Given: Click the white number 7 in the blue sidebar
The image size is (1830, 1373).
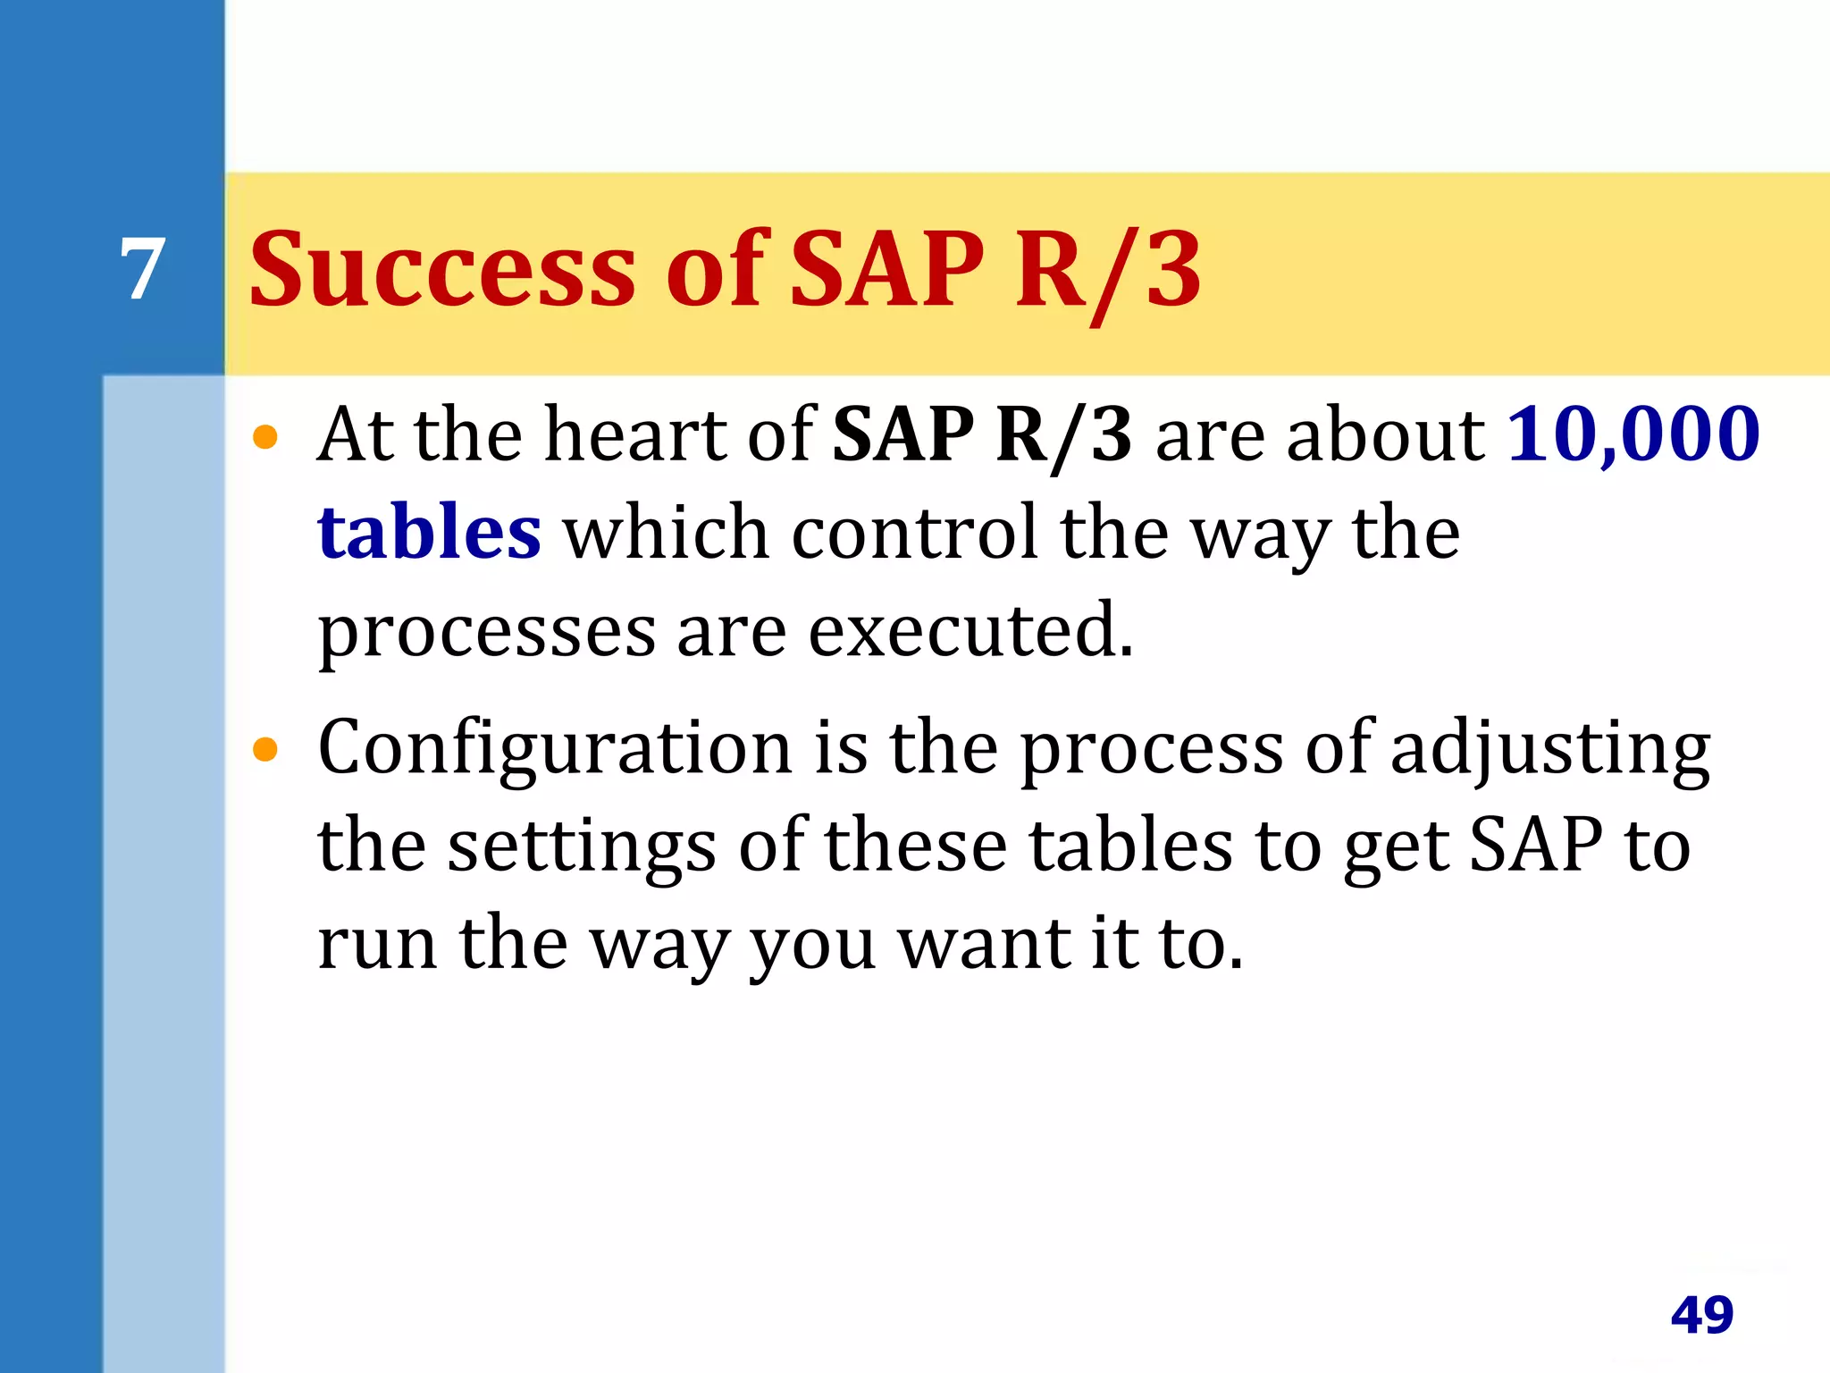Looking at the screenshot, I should click(143, 269).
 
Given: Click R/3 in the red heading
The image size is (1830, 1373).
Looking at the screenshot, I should click(1108, 269).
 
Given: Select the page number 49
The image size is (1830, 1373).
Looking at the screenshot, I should click(1701, 1315).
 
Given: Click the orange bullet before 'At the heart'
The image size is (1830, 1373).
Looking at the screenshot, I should click(265, 437).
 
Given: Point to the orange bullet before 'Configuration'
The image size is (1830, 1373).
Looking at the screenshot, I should click(265, 749).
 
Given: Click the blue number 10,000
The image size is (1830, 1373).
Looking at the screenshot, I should click(1633, 434).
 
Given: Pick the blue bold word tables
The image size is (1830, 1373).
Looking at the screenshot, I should click(429, 532).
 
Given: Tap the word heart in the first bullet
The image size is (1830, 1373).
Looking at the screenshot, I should click(634, 434).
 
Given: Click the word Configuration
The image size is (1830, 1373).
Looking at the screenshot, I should click(554, 747).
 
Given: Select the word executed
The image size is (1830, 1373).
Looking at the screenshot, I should click(970, 630).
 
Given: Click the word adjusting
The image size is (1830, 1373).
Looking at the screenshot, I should click(1550, 749).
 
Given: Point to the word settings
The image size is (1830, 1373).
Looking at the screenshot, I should click(581, 846).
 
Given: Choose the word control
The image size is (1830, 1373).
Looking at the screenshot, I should click(915, 532).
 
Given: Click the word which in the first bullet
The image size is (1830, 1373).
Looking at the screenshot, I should click(666, 532).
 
